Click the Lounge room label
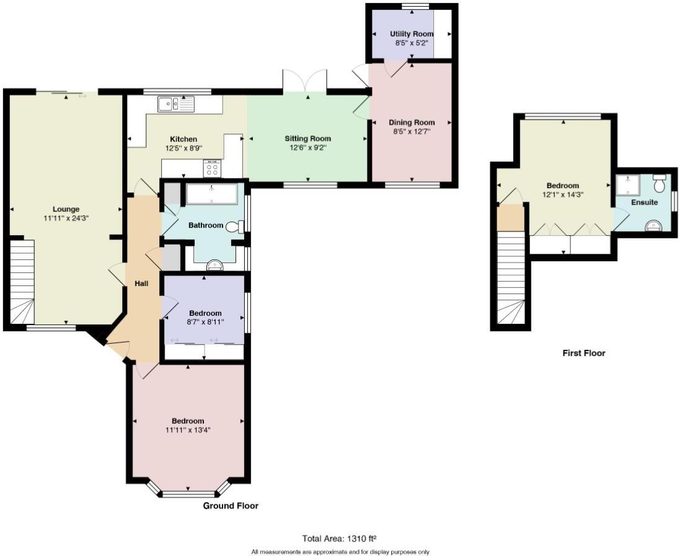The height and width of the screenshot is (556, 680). tap(65, 209)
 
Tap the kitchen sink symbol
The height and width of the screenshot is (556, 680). tap(175, 104)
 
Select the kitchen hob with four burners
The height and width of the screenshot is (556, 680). tap(212, 168)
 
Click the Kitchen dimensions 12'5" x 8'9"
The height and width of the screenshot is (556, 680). tap(183, 148)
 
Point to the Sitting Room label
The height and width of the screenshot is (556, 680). tap(307, 138)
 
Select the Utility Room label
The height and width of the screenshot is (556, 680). tap(409, 33)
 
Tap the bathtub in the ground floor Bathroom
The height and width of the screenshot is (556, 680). tap(211, 194)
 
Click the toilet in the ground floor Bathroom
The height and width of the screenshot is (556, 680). tap(235, 227)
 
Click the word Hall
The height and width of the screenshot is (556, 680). tap(141, 283)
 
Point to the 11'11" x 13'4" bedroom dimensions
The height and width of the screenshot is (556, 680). tap(188, 430)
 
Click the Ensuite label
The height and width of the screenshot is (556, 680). tap(645, 202)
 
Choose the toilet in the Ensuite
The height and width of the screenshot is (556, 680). tap(659, 183)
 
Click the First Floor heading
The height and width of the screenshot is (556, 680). tap(583, 353)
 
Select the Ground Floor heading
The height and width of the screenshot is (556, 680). tap(231, 506)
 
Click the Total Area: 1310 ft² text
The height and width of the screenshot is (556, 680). tap(340, 538)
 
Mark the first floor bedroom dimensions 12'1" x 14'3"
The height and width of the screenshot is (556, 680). tap(562, 195)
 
